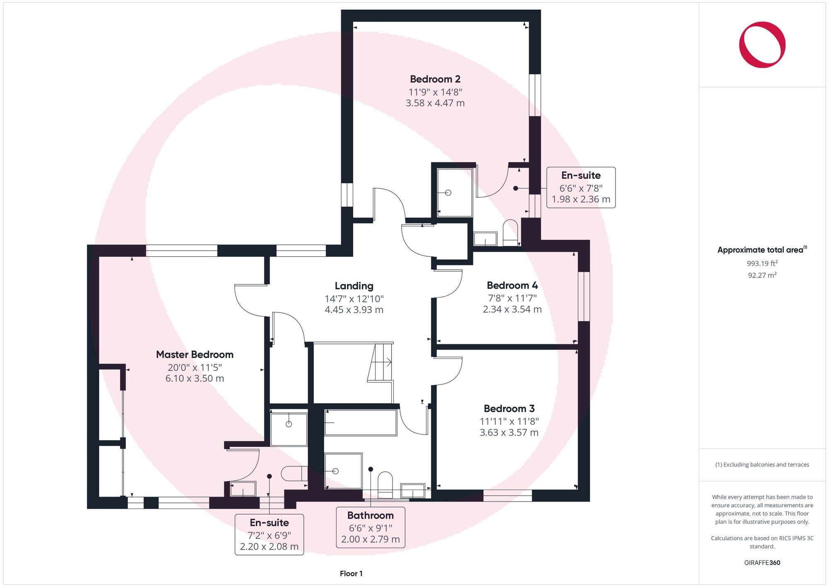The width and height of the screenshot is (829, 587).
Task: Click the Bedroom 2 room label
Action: point(435,79)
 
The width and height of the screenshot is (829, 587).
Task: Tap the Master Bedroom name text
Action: point(195,354)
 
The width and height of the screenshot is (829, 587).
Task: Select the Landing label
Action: point(354,286)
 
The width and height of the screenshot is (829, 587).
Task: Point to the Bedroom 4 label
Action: point(512,285)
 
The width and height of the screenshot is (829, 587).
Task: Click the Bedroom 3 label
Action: point(509,408)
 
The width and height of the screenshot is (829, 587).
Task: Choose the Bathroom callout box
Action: point(370,527)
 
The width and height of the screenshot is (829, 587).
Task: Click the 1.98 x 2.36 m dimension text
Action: point(581,199)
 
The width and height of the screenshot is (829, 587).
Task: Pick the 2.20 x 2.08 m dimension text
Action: point(269,546)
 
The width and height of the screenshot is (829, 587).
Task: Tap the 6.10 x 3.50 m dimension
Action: point(195,378)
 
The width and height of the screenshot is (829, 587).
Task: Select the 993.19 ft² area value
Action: point(762,263)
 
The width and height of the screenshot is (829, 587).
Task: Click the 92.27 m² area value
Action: point(762,275)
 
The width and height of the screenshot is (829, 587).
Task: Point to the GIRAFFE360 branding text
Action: point(762,563)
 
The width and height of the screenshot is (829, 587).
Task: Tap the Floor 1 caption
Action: point(351,573)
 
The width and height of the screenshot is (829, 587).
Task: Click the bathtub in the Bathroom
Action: point(361,422)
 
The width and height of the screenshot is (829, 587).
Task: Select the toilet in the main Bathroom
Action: point(385,485)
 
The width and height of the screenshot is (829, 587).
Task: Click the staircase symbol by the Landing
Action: point(380,362)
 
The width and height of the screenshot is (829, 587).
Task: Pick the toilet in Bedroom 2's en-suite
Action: point(510,232)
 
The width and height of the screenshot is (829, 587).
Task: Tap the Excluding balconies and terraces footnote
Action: point(762,465)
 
